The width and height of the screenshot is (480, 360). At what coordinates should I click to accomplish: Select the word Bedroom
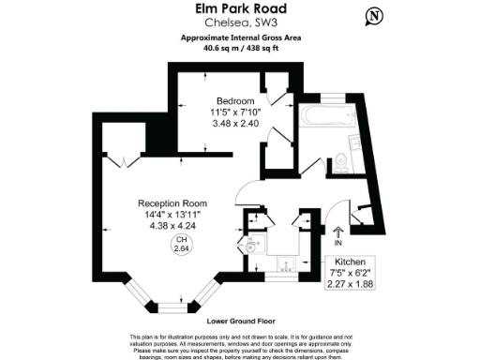click(235, 101)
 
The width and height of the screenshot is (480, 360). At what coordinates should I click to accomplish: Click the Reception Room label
click(172, 203)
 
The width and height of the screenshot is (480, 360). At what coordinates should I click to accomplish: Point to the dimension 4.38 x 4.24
click(172, 226)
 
